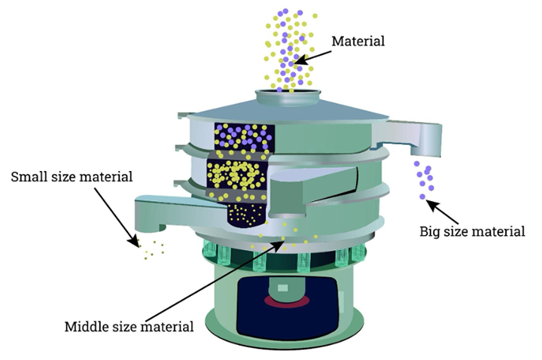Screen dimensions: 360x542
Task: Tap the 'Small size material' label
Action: [72, 178]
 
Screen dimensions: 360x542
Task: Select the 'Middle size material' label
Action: [129, 326]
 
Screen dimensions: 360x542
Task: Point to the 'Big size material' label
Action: [472, 231]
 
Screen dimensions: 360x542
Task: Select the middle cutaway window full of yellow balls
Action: [238, 175]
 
